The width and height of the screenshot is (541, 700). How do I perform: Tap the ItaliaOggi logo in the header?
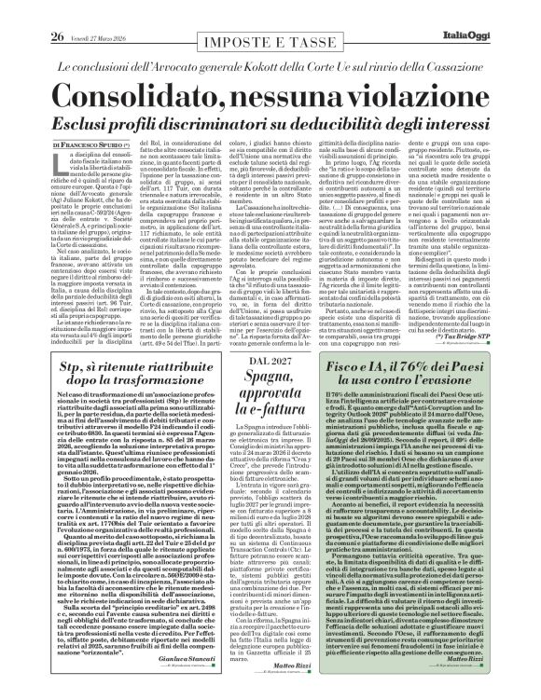[500, 11]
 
